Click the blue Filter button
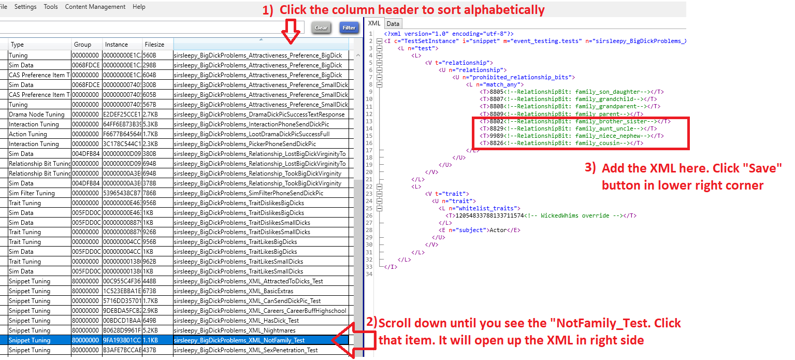[349, 27]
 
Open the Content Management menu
[95, 7]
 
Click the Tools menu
[51, 7]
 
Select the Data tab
[393, 23]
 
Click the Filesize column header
[154, 45]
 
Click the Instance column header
[117, 45]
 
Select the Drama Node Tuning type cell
[37, 114]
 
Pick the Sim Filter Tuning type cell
[32, 193]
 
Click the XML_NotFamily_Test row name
[239, 340]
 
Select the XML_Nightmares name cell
[235, 330]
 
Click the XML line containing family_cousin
[561, 143]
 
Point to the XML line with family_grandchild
[568, 99]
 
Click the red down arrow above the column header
[291, 32]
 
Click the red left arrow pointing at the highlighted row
[353, 340]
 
